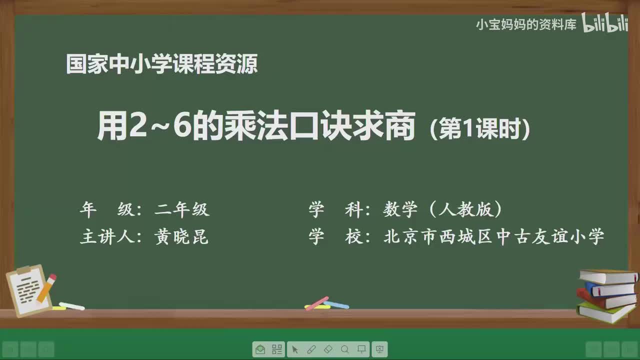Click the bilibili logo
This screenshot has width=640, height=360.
tap(604, 23)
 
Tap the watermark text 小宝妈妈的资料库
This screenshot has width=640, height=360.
tap(526, 24)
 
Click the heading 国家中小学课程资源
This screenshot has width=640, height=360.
tap(161, 64)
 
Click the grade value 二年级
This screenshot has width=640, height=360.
tap(181, 209)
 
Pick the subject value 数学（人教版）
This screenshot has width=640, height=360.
tap(443, 209)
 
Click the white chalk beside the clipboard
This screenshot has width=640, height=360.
tap(72, 305)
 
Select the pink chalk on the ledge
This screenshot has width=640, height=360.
tap(316, 303)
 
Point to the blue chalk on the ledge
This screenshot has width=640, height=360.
tap(336, 304)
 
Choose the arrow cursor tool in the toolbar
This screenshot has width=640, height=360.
tap(294, 349)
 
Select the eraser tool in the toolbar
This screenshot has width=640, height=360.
tap(328, 349)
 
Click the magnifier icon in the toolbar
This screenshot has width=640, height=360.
tap(345, 349)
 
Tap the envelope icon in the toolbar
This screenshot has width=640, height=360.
tap(260, 349)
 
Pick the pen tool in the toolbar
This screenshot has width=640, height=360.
tap(311, 349)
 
